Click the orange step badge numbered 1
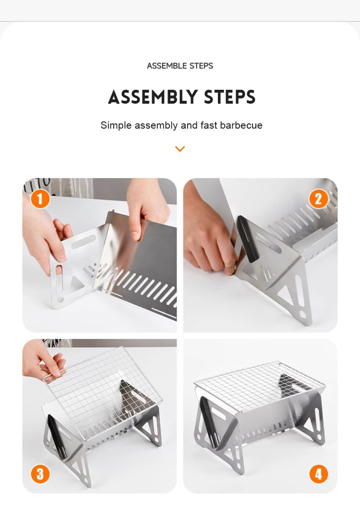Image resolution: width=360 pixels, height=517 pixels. point(40,199)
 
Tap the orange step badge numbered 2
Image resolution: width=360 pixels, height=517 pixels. point(318,199)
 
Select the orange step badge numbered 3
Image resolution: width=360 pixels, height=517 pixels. point(40,474)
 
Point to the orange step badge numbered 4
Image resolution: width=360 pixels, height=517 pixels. point(318,474)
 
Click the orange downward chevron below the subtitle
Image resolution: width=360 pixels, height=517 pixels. point(180,149)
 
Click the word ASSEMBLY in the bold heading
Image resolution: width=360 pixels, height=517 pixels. point(152,97)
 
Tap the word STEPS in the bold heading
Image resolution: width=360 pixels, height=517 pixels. point(229,97)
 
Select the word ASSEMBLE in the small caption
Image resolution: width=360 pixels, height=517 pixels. point(167,66)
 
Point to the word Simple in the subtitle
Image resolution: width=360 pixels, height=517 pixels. point(116,126)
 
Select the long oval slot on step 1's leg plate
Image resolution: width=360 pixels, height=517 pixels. point(84,242)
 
